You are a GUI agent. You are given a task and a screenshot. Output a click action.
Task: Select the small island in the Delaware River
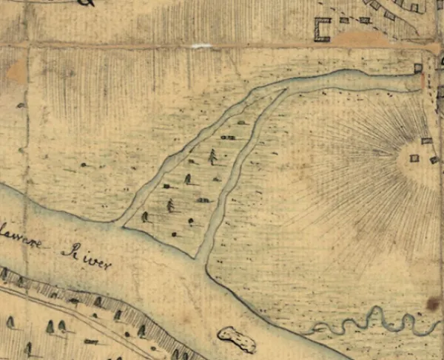click(237, 339)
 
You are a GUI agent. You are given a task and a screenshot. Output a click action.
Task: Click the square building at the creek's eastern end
click(418, 68)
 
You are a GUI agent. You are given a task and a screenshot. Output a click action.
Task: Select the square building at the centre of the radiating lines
click(414, 157)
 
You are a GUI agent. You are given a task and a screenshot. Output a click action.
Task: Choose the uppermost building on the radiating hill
click(426, 140)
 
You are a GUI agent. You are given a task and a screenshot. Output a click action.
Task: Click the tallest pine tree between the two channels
click(213, 156)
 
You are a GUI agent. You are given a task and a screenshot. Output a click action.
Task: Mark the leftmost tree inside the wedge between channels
click(145, 217)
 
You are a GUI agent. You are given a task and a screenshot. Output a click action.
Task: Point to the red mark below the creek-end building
click(423, 80)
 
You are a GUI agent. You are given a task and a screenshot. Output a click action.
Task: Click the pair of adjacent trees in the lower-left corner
click(55, 326)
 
